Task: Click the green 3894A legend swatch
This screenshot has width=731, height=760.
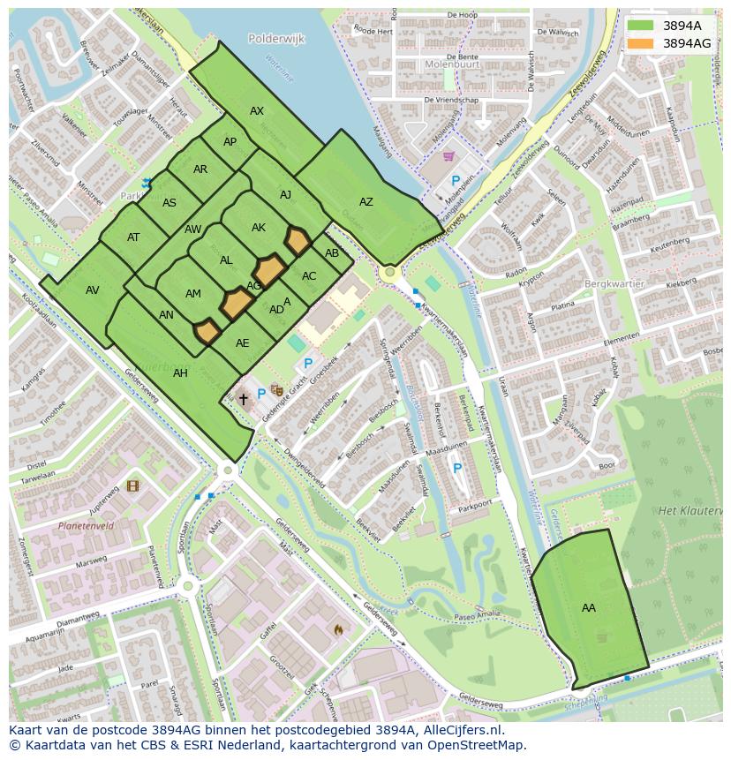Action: [641, 26]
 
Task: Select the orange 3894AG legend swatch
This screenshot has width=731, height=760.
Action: [641, 42]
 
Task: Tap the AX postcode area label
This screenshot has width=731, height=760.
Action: [257, 111]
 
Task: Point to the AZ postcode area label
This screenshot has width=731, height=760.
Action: [365, 202]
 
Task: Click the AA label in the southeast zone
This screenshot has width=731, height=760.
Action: [589, 607]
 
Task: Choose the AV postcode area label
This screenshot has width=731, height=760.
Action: [93, 290]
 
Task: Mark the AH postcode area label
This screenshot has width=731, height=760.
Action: [180, 372]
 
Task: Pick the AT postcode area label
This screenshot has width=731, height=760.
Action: [133, 237]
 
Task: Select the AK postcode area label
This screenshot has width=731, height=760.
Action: [258, 228]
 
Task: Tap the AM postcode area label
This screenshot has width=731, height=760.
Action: [193, 294]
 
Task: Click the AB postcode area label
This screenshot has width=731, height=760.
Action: [332, 253]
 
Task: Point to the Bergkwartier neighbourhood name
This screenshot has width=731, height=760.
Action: [614, 284]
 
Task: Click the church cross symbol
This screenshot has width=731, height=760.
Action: [244, 399]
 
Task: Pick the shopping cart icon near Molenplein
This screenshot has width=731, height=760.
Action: [448, 157]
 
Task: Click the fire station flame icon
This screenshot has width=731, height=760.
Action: [338, 629]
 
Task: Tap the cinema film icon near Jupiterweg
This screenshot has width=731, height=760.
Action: [132, 485]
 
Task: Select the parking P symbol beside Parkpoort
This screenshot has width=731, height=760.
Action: [456, 469]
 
